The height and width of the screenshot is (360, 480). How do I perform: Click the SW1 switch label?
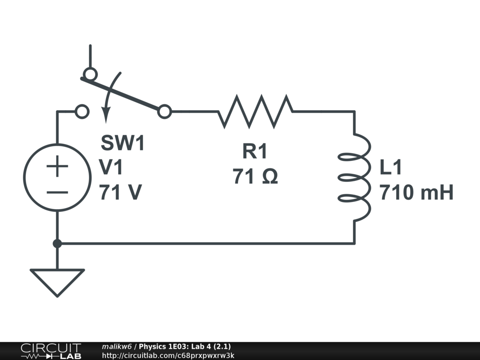123,143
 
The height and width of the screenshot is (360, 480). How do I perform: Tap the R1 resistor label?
255,151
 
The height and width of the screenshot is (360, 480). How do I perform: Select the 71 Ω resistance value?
255,176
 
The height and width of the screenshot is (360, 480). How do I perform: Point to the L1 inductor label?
391,168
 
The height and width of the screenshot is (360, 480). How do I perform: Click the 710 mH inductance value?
416,193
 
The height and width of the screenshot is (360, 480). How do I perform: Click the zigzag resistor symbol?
255,111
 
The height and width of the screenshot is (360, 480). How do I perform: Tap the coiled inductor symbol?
355,177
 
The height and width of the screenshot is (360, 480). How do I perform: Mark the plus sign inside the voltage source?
57,166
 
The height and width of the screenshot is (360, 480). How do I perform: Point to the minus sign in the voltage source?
57,192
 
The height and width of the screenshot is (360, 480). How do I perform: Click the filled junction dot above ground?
57,243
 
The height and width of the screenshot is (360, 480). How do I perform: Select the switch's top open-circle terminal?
90,74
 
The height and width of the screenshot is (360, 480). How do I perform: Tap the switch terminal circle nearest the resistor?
165,112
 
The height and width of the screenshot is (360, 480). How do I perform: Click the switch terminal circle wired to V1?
82,112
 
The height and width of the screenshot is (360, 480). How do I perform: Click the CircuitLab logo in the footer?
51,351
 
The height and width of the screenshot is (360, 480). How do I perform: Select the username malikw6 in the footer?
116,346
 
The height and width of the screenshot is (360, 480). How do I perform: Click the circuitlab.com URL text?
168,355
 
